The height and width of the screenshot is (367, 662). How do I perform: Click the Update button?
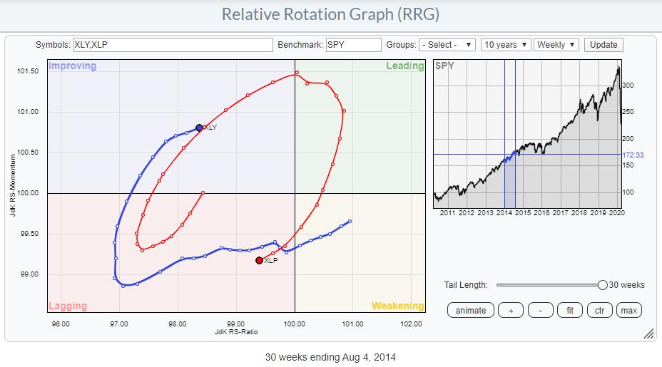(x=603, y=44)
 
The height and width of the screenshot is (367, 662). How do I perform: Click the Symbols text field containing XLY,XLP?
(x=173, y=44)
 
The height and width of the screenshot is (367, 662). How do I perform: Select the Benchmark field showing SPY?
(x=354, y=44)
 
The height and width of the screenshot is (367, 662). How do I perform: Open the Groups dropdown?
(x=447, y=44)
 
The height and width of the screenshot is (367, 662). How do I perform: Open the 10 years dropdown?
(x=506, y=44)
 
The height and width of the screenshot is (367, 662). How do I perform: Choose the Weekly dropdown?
(x=556, y=44)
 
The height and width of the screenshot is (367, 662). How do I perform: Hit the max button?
(x=628, y=310)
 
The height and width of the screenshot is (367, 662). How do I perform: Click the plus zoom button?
(x=511, y=310)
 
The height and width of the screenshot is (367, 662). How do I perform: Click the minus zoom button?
(x=541, y=310)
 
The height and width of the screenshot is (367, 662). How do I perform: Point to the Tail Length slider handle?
(x=603, y=285)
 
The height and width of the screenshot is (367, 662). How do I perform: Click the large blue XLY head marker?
(x=199, y=128)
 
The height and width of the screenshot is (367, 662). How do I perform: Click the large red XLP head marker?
(x=259, y=260)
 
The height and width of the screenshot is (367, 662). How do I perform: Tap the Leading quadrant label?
(x=404, y=66)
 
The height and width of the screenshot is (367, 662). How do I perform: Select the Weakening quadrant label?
(x=397, y=306)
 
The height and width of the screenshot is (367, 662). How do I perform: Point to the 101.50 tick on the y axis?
(x=27, y=71)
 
